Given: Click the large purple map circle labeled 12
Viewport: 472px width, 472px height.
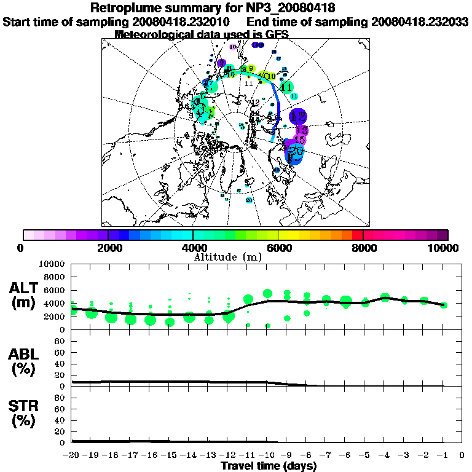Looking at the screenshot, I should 298,116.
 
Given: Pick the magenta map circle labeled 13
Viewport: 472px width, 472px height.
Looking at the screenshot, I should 301,131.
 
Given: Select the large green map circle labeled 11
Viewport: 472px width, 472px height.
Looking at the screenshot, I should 286,87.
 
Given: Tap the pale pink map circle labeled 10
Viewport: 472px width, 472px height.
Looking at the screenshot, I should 233,47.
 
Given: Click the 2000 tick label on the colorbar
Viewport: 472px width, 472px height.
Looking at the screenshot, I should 108,248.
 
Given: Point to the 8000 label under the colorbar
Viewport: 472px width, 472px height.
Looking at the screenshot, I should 363,248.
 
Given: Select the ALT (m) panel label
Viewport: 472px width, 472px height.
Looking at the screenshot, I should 25,295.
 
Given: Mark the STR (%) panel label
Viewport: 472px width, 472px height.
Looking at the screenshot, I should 25,413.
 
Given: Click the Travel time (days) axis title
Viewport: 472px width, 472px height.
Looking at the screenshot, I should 269,466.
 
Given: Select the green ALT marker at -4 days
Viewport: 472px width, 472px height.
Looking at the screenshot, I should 385,297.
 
